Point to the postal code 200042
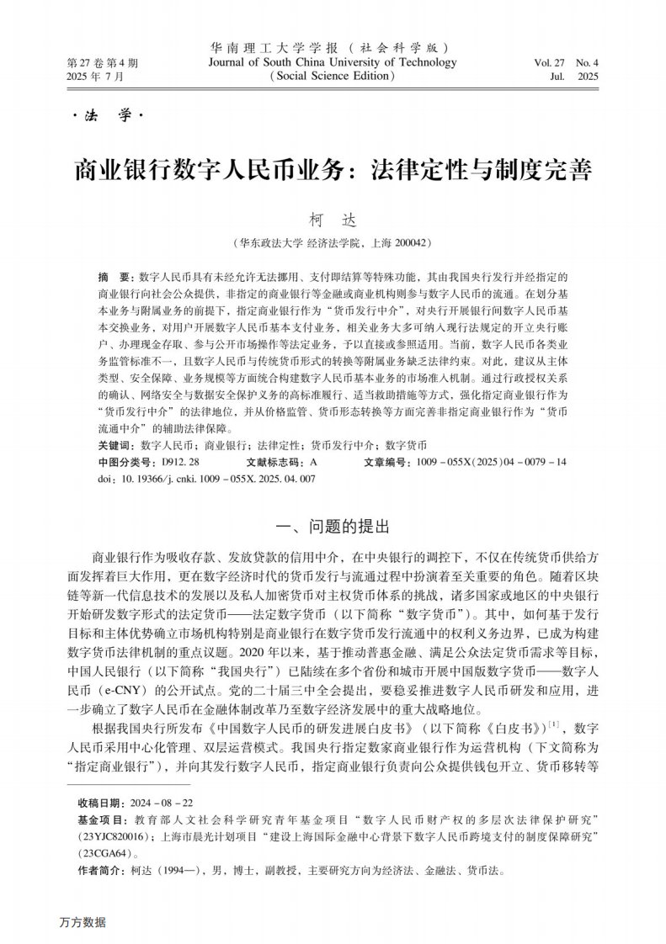[408, 243]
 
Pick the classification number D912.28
[181, 462]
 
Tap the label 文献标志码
[276, 462]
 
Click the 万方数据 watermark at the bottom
[83, 922]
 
